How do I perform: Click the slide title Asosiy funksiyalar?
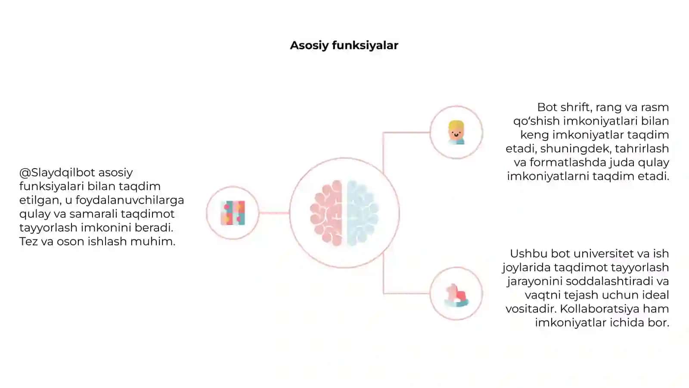click(344, 46)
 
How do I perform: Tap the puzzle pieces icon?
click(233, 213)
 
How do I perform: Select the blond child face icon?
click(456, 132)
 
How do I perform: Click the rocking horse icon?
click(456, 295)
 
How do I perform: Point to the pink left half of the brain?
click(327, 213)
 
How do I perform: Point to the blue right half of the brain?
click(362, 213)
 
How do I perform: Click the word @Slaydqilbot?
click(57, 173)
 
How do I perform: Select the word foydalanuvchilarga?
click(130, 200)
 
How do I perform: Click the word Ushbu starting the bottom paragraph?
click(529, 254)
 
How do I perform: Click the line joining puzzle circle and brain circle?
click(274, 213)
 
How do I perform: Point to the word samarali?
click(93, 214)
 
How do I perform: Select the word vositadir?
click(531, 309)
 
